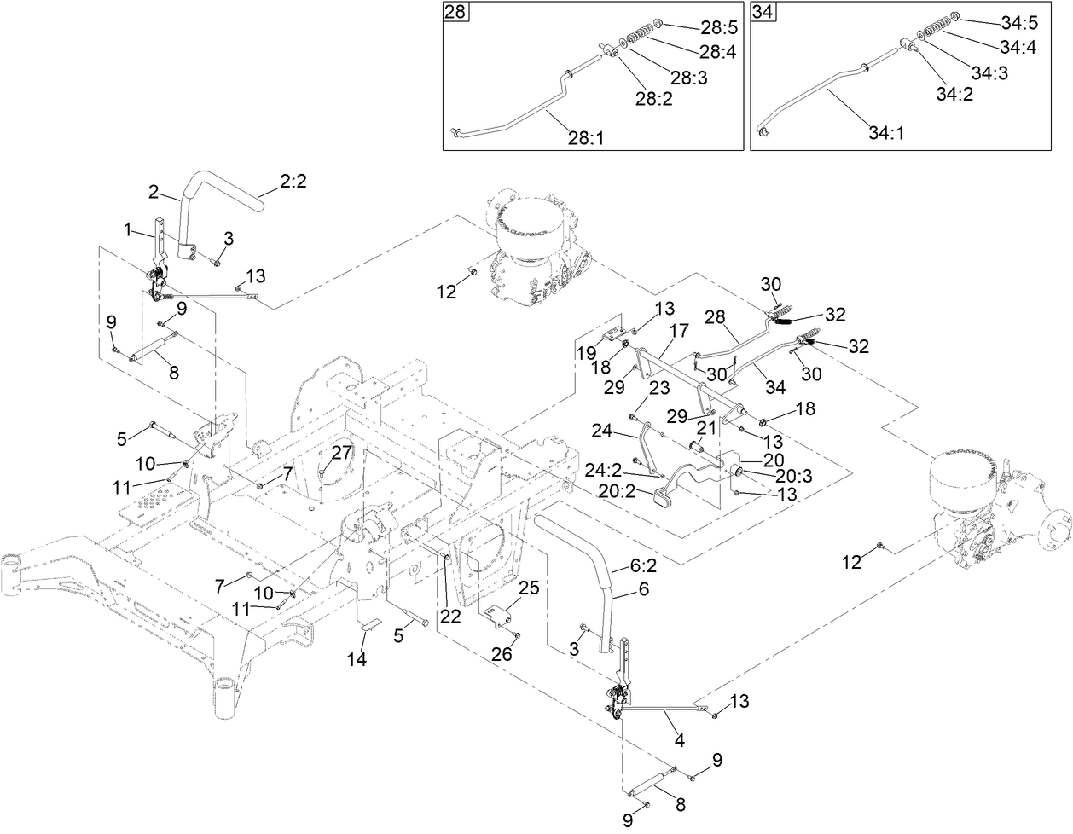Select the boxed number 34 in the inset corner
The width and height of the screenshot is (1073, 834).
762,13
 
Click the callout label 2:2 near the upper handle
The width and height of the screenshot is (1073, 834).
292,182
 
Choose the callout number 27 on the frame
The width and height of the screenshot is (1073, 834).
342,452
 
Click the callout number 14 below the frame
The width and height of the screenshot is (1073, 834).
357,659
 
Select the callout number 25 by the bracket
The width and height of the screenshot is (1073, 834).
529,588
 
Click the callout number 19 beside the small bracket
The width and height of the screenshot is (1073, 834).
585,351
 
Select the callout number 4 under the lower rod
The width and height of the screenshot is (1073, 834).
679,741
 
